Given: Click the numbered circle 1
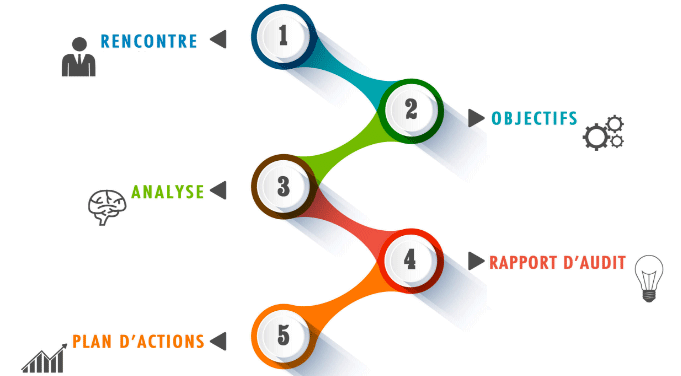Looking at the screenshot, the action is pos(283,36).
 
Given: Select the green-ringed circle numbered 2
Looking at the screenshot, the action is pos(411,111).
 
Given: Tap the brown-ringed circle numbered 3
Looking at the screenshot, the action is pos(283,186).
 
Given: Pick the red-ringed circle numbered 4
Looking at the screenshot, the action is pos(411,261).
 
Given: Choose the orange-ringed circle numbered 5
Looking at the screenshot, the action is pos(283,336).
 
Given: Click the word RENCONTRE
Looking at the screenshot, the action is pos(149,41).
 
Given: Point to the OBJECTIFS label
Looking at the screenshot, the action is pos(534,119).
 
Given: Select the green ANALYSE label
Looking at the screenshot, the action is pos(168,191).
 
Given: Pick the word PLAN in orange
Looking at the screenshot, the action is pos(92,342).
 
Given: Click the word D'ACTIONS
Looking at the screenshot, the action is pos(162,342).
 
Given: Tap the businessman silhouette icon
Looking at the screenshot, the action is pos(79,57).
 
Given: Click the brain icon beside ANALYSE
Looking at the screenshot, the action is pos(107,207).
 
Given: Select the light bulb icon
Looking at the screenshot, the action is pos(649,278).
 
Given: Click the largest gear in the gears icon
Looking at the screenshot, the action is pos(596,137).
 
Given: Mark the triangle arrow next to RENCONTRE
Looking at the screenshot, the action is pos(218,39).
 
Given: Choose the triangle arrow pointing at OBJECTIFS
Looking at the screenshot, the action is pos(476,118).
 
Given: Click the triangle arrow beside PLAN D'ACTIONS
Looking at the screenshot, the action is pos(218,341).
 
